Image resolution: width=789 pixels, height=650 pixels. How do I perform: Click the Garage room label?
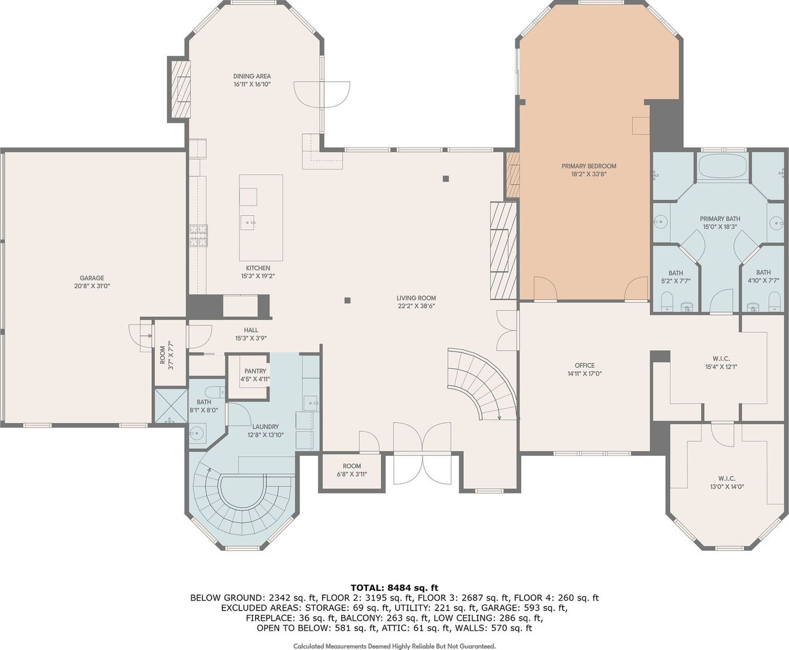pyautogui.click(x=92, y=278)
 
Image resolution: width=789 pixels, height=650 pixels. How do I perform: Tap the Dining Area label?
pyautogui.click(x=252, y=76)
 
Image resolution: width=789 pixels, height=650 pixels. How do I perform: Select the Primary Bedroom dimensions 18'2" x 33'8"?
pyautogui.click(x=589, y=174)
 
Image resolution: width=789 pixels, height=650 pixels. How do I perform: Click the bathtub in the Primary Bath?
pyautogui.click(x=723, y=166)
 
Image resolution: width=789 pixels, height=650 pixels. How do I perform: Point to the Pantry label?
pyautogui.click(x=255, y=371)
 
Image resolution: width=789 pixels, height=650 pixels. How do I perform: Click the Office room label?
pyautogui.click(x=585, y=366)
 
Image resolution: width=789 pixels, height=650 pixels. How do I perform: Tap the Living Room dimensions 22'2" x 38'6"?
pyautogui.click(x=417, y=306)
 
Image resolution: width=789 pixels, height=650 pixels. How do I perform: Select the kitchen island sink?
pyautogui.click(x=247, y=223)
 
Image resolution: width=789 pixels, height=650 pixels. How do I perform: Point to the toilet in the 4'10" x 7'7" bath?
pyautogui.click(x=774, y=301)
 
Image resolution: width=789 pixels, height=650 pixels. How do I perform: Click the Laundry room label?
pyautogui.click(x=265, y=427)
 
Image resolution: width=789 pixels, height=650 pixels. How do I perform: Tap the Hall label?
pyautogui.click(x=251, y=330)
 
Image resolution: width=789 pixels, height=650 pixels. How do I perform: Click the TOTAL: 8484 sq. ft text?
pyautogui.click(x=395, y=588)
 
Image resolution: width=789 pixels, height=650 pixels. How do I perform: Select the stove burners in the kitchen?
pyautogui.click(x=198, y=235)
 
